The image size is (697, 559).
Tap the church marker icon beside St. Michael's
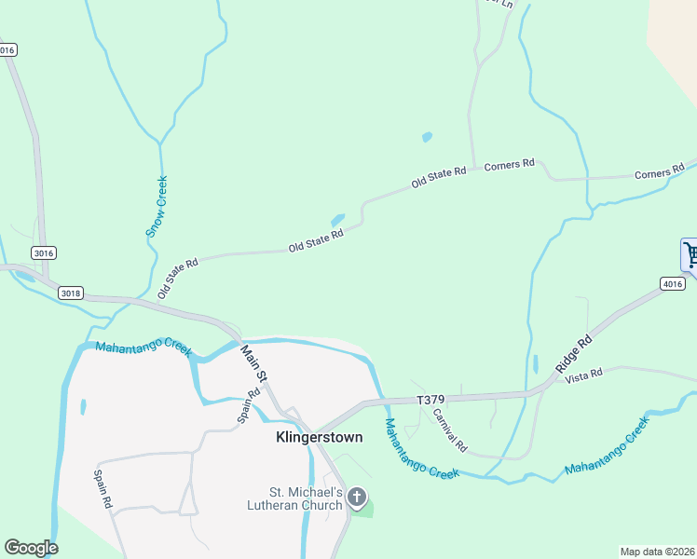357,498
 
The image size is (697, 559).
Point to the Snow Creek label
157,208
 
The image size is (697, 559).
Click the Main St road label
253,363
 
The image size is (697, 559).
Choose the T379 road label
431,400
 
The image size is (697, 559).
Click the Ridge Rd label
574,354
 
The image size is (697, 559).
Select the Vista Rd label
584,374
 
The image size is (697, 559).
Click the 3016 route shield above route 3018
43,252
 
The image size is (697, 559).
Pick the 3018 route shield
70,293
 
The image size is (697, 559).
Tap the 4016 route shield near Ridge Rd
672,283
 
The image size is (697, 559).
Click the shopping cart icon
690,254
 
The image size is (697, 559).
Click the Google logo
31,548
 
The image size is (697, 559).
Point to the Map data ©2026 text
657,552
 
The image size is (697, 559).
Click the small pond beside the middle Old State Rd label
337,221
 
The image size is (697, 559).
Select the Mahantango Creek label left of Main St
143,348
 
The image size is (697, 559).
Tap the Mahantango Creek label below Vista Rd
606,449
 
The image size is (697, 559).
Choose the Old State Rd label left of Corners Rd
438,177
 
